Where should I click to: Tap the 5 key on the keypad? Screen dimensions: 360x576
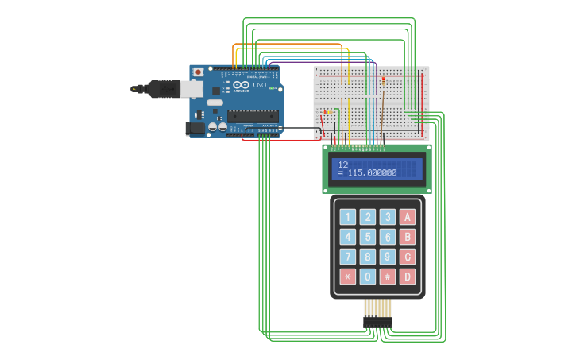[367, 237]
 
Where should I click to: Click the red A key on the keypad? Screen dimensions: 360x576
[408, 217]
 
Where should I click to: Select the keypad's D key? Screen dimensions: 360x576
[408, 277]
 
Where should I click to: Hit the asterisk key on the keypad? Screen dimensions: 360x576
[347, 277]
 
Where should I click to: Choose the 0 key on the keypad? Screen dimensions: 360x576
[367, 277]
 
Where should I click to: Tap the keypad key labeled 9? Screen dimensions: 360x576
[387, 257]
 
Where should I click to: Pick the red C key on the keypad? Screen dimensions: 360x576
[408, 257]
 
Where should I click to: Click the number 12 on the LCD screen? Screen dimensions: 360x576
[343, 165]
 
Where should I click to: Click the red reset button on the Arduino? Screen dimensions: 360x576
[197, 72]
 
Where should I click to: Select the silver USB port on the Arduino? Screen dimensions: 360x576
[191, 89]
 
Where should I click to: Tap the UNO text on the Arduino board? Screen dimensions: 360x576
[259, 85]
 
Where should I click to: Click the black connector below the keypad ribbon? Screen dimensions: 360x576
[378, 322]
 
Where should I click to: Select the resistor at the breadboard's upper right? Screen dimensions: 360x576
[384, 81]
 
